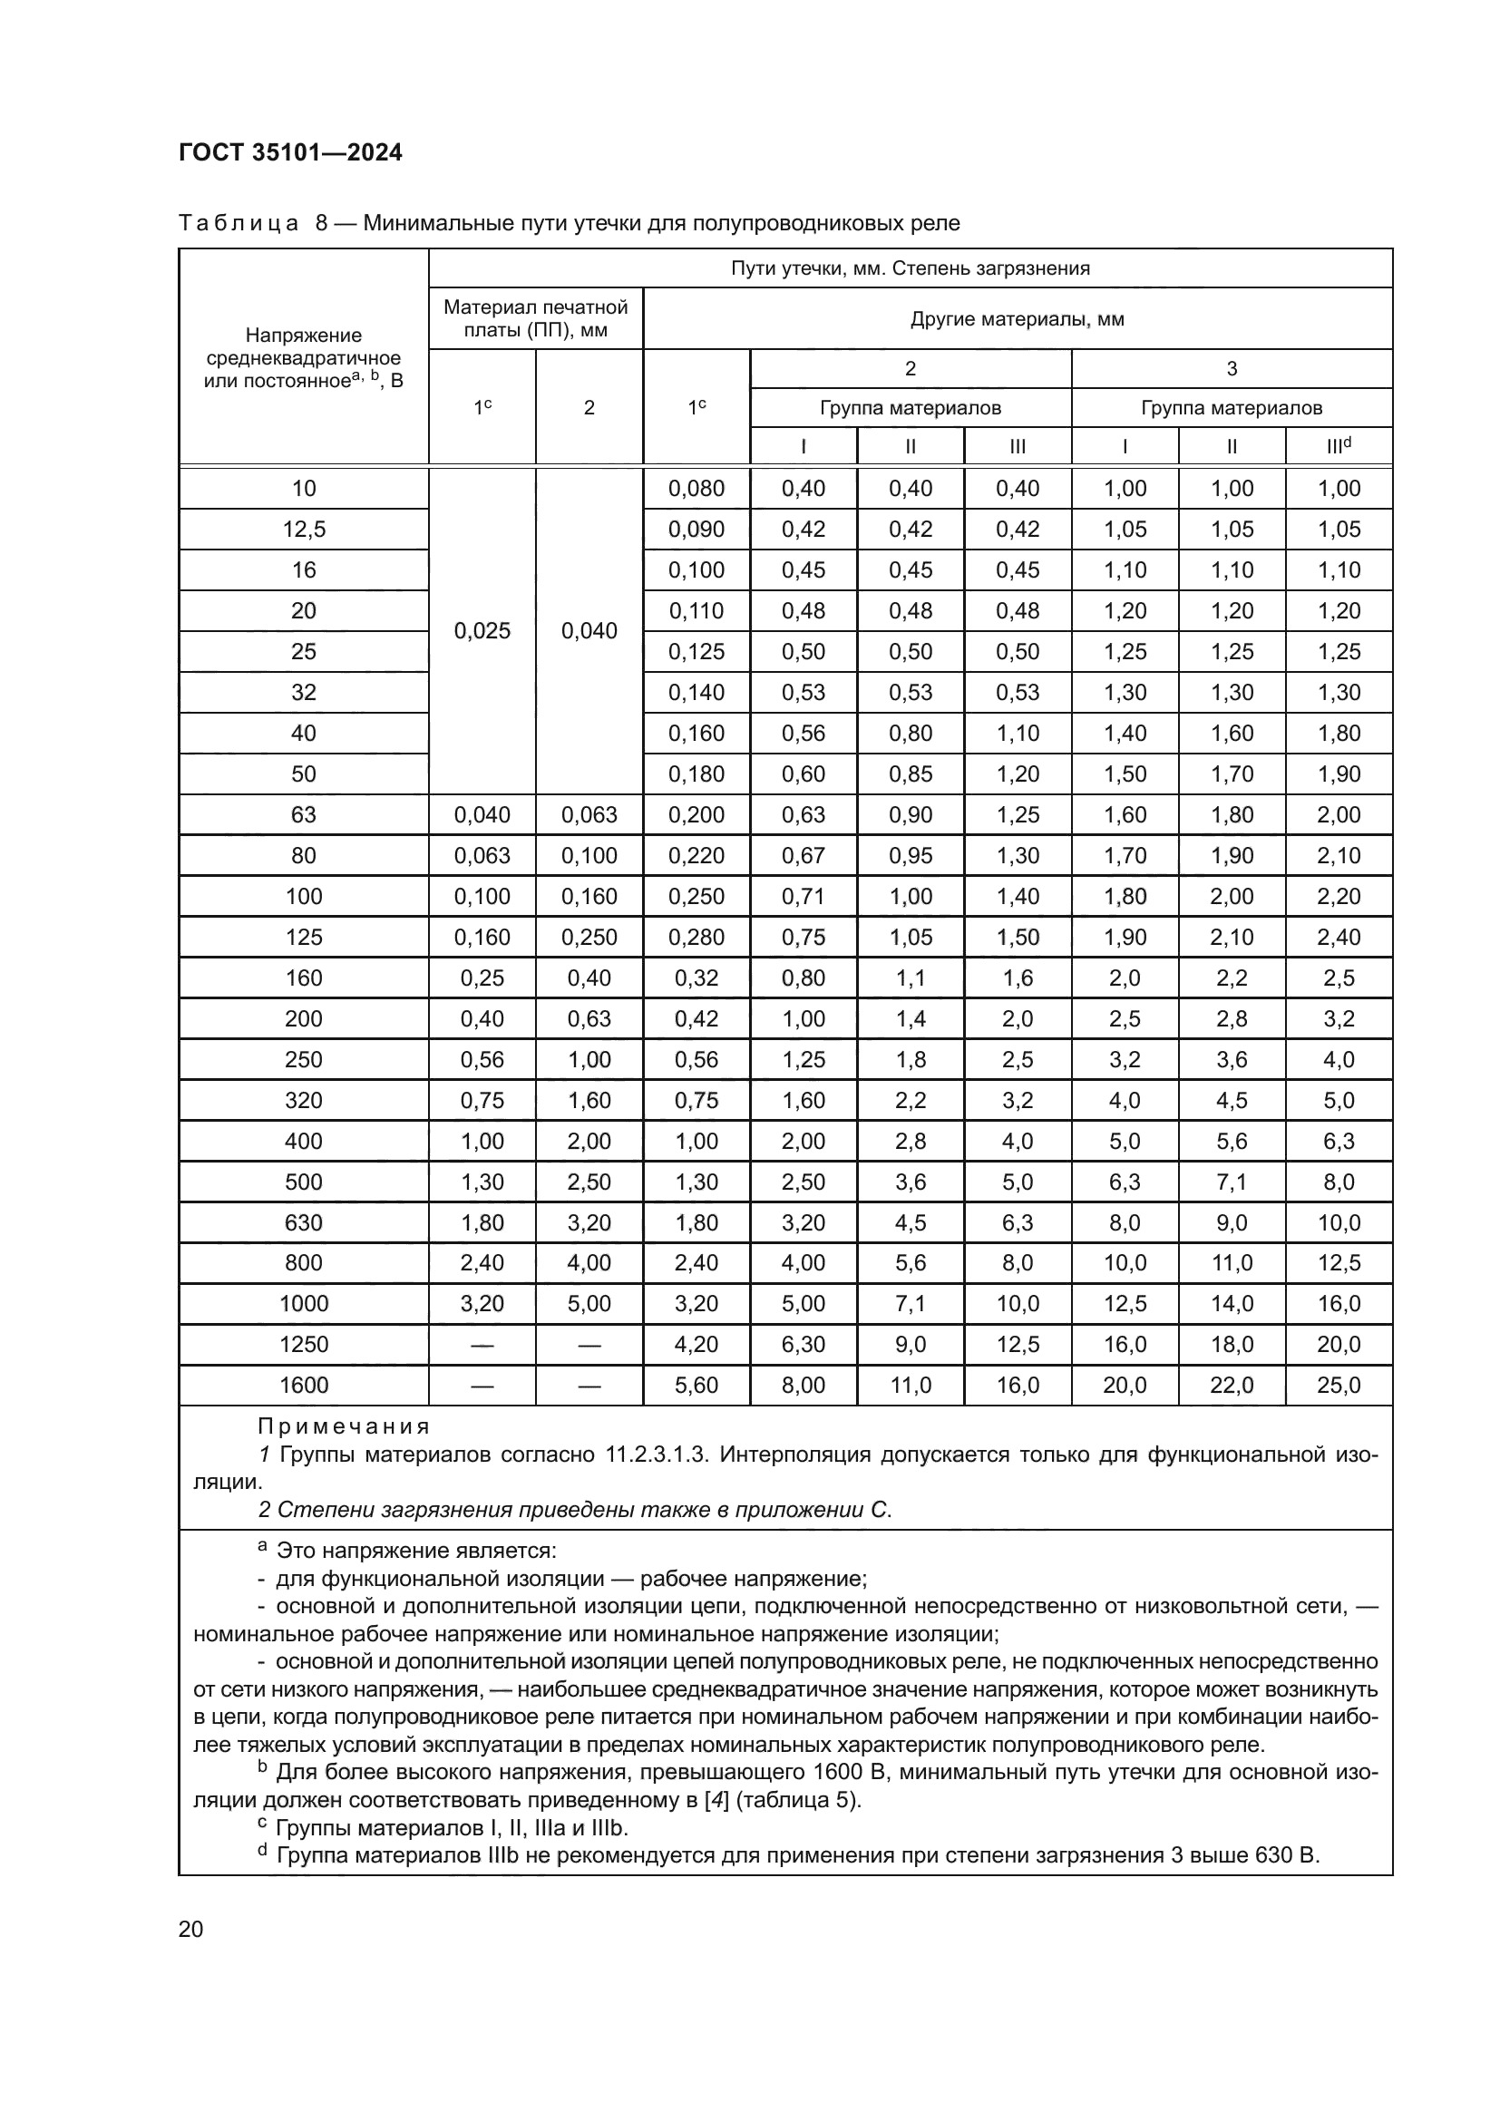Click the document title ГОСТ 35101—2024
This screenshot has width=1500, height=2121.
point(290,152)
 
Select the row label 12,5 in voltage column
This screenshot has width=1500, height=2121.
point(303,530)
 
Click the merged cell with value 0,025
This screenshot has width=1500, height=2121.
point(482,631)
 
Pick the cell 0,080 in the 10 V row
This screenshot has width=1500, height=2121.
point(696,489)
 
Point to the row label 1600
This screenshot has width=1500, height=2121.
point(303,1385)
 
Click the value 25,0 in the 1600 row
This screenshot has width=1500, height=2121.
point(1339,1385)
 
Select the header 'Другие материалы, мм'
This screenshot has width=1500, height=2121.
point(1017,319)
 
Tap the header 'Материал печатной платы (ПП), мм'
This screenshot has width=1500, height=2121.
point(536,318)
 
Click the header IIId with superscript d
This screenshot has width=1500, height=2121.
point(1339,446)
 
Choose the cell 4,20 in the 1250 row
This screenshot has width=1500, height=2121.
point(696,1344)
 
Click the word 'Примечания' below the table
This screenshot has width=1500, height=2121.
point(345,1426)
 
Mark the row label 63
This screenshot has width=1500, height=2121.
point(303,815)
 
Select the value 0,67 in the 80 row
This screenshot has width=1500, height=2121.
point(803,855)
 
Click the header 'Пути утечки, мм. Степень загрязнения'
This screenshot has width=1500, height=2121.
point(910,268)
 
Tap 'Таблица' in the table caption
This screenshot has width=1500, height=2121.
point(239,224)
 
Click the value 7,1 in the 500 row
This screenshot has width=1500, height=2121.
point(1232,1182)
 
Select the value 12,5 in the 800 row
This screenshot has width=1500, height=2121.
point(1339,1263)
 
